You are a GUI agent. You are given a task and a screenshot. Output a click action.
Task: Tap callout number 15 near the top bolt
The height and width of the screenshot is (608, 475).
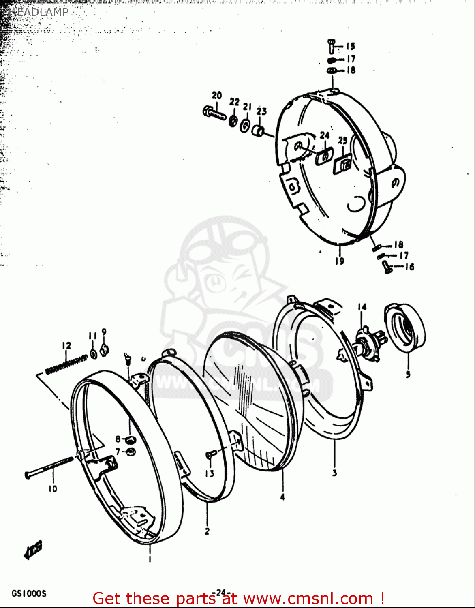tap(350, 46)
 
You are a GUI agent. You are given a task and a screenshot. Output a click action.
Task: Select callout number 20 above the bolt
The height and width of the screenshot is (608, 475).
tap(217, 95)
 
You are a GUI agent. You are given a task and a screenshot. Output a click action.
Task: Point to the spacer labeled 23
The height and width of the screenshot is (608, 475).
tap(259, 131)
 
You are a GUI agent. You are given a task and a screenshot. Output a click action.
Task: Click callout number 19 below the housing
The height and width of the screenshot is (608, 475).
tap(339, 261)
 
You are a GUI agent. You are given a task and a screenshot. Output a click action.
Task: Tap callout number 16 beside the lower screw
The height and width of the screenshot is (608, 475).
tap(409, 267)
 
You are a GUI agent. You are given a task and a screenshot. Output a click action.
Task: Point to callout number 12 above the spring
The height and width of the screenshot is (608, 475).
tap(66, 345)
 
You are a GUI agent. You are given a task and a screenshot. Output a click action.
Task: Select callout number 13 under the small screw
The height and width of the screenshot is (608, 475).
tap(209, 473)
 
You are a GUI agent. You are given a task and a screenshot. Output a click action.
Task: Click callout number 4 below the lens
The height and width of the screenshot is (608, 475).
tap(282, 497)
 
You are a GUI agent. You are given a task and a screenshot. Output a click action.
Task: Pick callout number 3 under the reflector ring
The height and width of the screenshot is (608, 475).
tap(334, 473)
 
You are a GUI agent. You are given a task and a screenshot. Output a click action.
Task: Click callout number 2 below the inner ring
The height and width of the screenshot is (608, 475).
tap(207, 531)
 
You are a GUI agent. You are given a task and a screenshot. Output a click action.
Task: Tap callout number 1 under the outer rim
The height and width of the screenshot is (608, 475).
tap(150, 559)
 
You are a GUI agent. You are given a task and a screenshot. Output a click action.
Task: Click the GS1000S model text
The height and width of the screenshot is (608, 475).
tap(29, 594)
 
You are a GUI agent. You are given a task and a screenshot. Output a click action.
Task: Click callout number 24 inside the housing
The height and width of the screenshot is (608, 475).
tap(324, 135)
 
